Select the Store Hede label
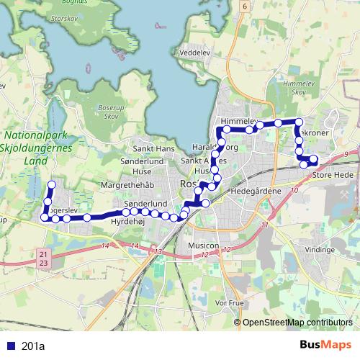pos(332,173)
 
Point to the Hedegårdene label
pos(253,192)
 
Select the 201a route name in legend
pos(33,346)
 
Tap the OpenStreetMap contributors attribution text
pos(297,322)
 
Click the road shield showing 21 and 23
pos(44,260)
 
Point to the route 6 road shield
pos(245,6)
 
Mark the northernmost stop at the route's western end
pos(51,185)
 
